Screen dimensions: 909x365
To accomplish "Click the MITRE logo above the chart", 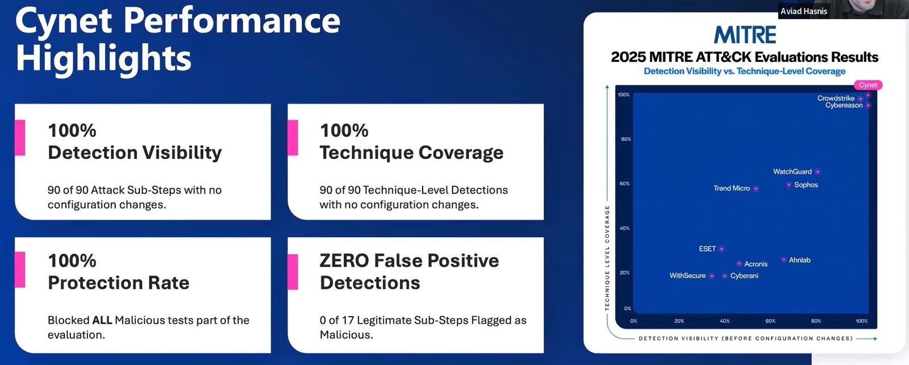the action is click(x=745, y=35).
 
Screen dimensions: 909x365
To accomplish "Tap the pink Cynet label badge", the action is click(x=868, y=85).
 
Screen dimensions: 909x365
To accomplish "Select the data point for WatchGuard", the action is click(x=818, y=171).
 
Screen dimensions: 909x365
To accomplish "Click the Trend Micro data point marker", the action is click(x=756, y=188).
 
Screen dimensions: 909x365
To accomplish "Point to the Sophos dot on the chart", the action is click(x=789, y=184).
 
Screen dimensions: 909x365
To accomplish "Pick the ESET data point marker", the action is click(x=721, y=249).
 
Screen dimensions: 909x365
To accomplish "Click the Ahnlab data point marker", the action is click(x=783, y=259).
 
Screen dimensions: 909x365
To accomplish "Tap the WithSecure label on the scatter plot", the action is click(x=687, y=276).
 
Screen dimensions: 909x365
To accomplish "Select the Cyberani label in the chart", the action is click(x=744, y=276).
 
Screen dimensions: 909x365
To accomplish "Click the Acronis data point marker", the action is click(x=739, y=263).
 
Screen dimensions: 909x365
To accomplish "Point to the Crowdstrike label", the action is click(x=836, y=98).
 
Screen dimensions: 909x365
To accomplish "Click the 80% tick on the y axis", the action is click(x=626, y=139).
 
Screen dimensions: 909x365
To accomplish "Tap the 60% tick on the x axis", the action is click(x=770, y=321).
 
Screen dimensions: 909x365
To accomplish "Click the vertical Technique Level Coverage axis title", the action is click(x=607, y=258).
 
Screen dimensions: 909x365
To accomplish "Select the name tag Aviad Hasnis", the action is click(x=804, y=11).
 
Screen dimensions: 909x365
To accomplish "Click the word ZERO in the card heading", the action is click(x=344, y=261).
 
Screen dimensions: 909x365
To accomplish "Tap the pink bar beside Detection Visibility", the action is click(x=20, y=137).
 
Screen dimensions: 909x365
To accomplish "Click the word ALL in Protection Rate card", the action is click(x=102, y=320).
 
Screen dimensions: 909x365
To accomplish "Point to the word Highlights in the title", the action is click(x=103, y=60).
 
